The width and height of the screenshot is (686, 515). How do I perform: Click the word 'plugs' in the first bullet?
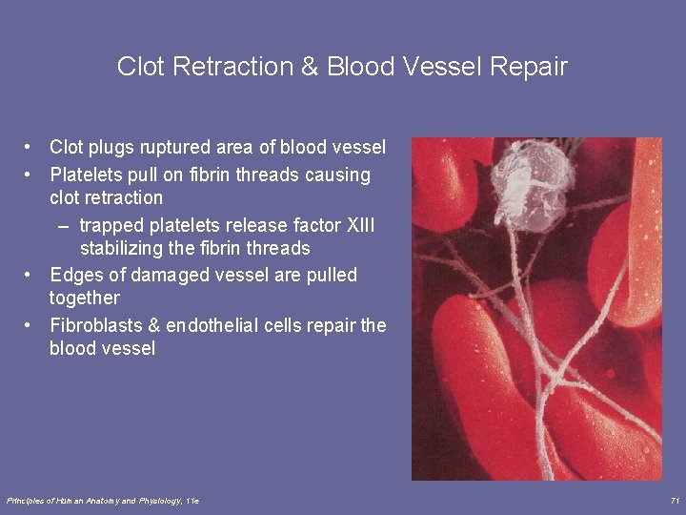[x=111, y=148]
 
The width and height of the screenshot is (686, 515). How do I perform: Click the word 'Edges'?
[x=74, y=276]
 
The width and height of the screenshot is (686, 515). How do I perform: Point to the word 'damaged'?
[x=158, y=276]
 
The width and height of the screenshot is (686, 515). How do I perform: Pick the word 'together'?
[x=85, y=299]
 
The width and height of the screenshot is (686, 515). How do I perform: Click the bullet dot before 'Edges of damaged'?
[x=30, y=276]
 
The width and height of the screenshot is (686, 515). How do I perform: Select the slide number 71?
[x=674, y=501]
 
